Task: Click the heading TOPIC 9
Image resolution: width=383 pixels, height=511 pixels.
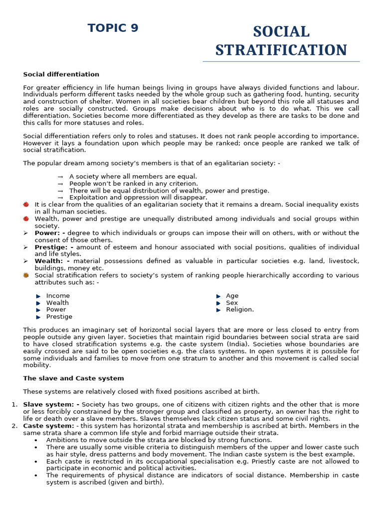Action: click(x=113, y=28)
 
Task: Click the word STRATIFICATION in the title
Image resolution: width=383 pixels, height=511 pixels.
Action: click(x=281, y=50)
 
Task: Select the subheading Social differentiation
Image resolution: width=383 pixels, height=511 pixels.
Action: click(x=61, y=74)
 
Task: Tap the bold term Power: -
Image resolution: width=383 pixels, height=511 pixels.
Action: click(x=49, y=233)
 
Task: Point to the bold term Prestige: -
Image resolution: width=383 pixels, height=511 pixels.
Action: click(x=53, y=247)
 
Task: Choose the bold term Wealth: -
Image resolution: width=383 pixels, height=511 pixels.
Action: click(x=52, y=261)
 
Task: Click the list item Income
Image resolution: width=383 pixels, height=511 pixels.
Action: click(x=58, y=296)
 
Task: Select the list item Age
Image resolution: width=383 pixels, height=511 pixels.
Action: click(x=232, y=296)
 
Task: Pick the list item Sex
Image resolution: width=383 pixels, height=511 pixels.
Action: click(x=231, y=303)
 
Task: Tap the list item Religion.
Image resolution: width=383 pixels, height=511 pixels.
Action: click(x=239, y=310)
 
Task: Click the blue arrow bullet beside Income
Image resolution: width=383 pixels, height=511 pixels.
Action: click(x=38, y=296)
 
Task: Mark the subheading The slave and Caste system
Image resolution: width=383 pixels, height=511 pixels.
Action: click(x=73, y=378)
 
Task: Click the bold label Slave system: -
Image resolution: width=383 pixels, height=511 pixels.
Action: click(x=51, y=405)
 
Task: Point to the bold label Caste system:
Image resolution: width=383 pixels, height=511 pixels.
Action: click(x=48, y=426)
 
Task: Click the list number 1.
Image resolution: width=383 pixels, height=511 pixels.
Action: click(x=14, y=405)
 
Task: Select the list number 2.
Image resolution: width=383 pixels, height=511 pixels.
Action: click(x=14, y=426)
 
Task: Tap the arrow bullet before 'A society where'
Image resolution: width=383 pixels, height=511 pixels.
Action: click(x=60, y=177)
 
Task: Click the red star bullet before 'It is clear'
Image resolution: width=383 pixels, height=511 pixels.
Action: click(x=26, y=205)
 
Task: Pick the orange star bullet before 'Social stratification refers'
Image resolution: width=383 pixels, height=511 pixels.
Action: click(x=26, y=275)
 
